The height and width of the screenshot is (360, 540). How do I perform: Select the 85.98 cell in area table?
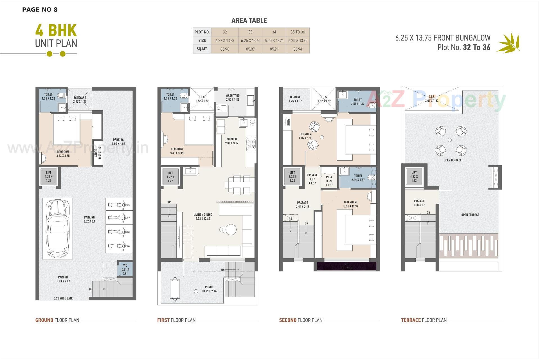coord(225,49)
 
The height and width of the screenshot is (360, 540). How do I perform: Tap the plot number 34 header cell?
coord(274,32)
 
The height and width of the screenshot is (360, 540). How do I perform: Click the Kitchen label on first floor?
coord(231,141)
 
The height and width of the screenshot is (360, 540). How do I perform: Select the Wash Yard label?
coord(232,97)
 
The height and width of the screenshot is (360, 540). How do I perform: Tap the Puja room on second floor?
coord(329,181)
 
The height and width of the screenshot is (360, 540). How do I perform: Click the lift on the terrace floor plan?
coord(414,177)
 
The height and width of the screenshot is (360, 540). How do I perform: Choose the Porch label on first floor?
coord(209,289)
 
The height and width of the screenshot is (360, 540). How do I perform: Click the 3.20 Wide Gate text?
coord(63,298)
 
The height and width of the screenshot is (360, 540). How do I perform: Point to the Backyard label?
coord(80,99)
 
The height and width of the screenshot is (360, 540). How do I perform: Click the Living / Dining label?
coord(203,216)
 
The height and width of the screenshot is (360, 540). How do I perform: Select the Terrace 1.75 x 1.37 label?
coord(295,99)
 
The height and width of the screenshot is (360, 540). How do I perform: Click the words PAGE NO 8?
coord(40,10)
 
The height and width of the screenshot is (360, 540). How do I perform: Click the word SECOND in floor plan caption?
coord(287,320)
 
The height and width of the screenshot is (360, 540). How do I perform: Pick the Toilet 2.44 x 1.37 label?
coord(358,177)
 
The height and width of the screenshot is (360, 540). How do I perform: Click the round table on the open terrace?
coord(450,140)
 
